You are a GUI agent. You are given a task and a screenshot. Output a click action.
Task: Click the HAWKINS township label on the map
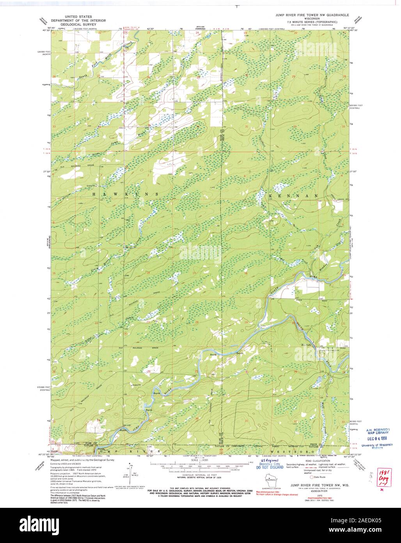tap(125, 194)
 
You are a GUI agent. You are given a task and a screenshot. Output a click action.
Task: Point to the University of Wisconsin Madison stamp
tap(377, 446)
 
